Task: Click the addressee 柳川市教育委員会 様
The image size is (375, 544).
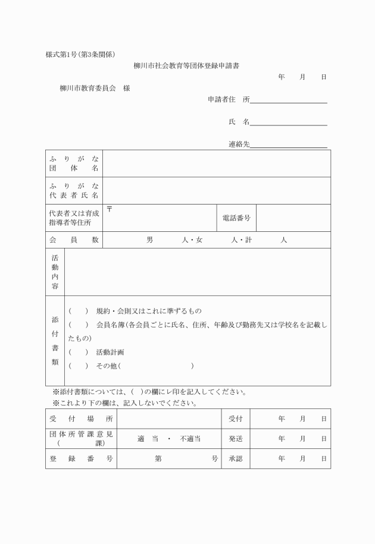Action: (x=95, y=88)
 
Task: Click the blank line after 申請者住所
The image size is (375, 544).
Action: (x=289, y=100)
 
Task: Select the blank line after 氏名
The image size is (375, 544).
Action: (x=289, y=122)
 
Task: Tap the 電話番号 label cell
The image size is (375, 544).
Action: (x=236, y=218)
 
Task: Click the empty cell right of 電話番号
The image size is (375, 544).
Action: (x=293, y=218)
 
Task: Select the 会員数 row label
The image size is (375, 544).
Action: (x=74, y=240)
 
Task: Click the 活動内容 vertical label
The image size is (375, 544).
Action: (x=55, y=272)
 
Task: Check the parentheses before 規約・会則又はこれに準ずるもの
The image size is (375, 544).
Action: (x=78, y=311)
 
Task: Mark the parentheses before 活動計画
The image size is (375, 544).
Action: (x=78, y=352)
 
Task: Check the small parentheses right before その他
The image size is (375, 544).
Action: (x=78, y=366)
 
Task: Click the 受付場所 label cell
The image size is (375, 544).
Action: (x=81, y=419)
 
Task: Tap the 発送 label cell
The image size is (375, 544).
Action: (x=236, y=439)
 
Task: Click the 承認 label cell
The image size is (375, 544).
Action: (x=236, y=459)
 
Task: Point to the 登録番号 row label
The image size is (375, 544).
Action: (x=81, y=459)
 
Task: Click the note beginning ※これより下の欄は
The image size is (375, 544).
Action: (x=125, y=403)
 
